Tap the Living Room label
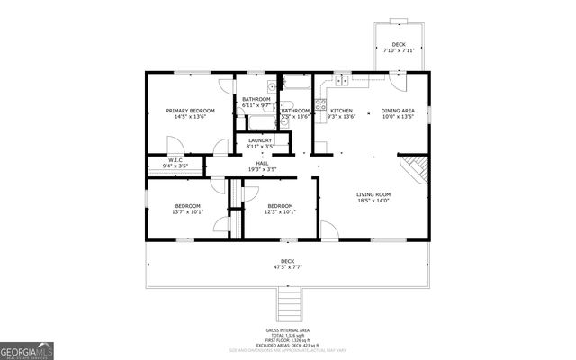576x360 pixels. point(373,194)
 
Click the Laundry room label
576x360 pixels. point(260,140)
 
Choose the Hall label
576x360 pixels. point(262,164)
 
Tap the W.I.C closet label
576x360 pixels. point(175,161)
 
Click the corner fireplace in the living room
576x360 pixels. point(416,168)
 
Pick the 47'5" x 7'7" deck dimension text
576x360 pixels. point(287,266)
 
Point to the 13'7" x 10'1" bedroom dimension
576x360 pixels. point(189,213)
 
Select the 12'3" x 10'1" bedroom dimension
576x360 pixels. point(280,213)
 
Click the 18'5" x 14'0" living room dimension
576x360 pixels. point(373,202)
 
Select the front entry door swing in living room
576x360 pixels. point(329,231)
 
